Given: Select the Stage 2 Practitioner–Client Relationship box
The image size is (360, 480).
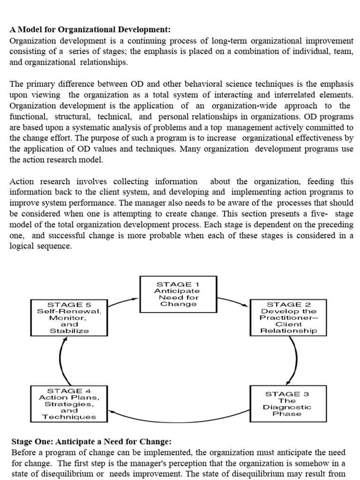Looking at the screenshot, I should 288,317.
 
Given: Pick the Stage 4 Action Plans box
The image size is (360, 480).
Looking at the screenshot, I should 68,403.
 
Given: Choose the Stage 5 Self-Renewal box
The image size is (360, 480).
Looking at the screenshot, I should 69,317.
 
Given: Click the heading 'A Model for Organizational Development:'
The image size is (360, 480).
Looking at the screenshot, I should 90,30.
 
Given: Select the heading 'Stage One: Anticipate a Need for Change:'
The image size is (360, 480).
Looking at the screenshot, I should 91,442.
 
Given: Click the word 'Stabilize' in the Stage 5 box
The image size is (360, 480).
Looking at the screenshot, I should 69,330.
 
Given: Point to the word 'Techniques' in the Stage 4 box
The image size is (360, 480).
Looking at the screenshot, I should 69,417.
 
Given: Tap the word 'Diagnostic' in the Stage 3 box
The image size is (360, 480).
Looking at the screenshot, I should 287,407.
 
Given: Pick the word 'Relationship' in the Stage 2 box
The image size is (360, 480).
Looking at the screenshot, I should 288,330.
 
